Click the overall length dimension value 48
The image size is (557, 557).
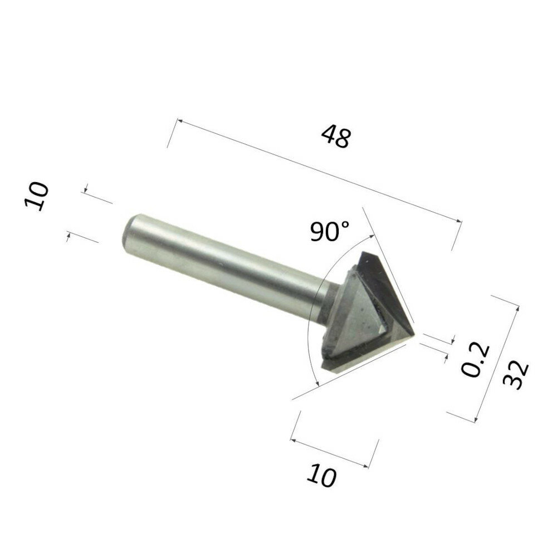tap(335, 137)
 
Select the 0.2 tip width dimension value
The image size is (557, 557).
tap(476, 360)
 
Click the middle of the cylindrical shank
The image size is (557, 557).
tap(223, 262)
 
